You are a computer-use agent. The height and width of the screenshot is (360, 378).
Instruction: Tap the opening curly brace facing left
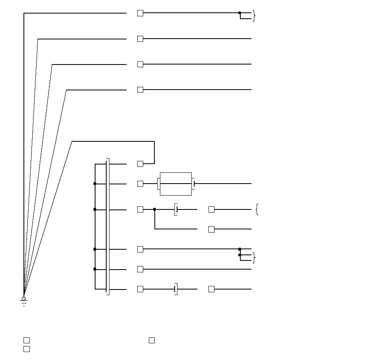257,209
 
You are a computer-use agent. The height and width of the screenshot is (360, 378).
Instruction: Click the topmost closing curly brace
253,16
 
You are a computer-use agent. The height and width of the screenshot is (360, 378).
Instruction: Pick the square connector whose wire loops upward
140,164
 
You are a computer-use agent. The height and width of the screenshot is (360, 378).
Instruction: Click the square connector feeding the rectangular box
140,184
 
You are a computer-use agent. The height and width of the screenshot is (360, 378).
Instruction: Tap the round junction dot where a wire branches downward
154,209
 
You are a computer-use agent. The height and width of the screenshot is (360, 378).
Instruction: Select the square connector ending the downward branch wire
211,229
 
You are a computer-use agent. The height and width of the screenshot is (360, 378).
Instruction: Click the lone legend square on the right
152,340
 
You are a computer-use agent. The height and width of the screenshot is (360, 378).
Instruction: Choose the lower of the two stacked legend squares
26,349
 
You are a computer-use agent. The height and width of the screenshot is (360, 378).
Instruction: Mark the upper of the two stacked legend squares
26,340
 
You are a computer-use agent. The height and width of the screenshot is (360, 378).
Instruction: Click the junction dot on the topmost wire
240,13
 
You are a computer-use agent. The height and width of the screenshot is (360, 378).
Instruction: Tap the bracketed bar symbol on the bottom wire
175,289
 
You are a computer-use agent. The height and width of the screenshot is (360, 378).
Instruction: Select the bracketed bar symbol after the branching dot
175,209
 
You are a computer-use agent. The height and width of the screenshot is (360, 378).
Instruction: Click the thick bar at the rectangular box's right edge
193,184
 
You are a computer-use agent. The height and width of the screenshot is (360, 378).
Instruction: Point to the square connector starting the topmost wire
140,13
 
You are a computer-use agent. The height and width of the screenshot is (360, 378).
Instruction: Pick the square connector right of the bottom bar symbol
211,289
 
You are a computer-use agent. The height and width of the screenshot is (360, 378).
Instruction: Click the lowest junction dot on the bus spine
95,269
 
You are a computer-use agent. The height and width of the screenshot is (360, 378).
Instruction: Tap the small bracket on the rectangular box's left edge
158,184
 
